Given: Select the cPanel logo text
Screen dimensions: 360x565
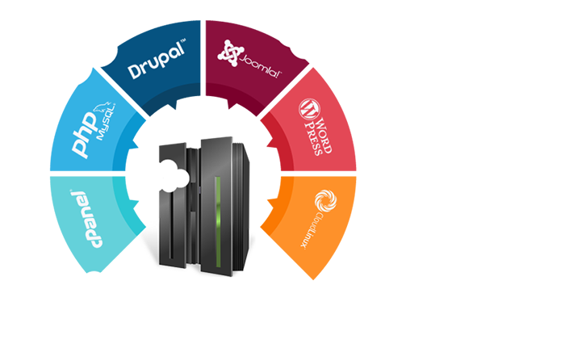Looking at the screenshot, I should click(x=88, y=220).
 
